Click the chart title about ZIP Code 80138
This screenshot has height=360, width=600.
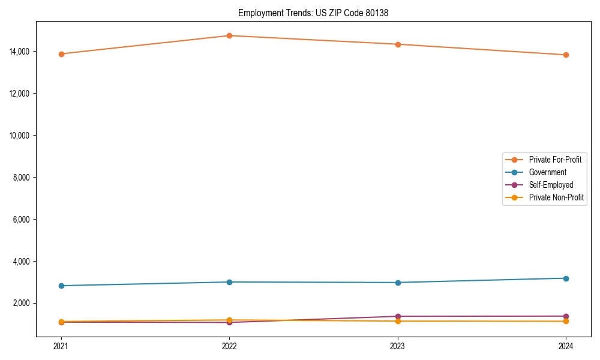pos(313,13)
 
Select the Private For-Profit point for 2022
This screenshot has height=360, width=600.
pos(229,35)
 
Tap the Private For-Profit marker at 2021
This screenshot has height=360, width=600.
pos(61,54)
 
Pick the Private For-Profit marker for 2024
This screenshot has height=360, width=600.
pos(566,55)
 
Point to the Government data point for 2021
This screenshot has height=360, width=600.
pos(61,286)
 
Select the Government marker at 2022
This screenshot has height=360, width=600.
pos(229,282)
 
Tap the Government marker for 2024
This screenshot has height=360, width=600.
pos(566,278)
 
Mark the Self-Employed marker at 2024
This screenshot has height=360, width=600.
pos(566,316)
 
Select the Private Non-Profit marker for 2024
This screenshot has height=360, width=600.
pos(566,321)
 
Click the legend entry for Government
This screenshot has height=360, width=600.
pos(547,172)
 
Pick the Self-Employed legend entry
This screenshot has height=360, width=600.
pos(551,185)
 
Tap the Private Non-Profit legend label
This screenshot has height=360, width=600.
pos(556,197)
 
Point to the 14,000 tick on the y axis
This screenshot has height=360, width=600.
pos(20,52)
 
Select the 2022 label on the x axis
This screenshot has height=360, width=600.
pos(229,346)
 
